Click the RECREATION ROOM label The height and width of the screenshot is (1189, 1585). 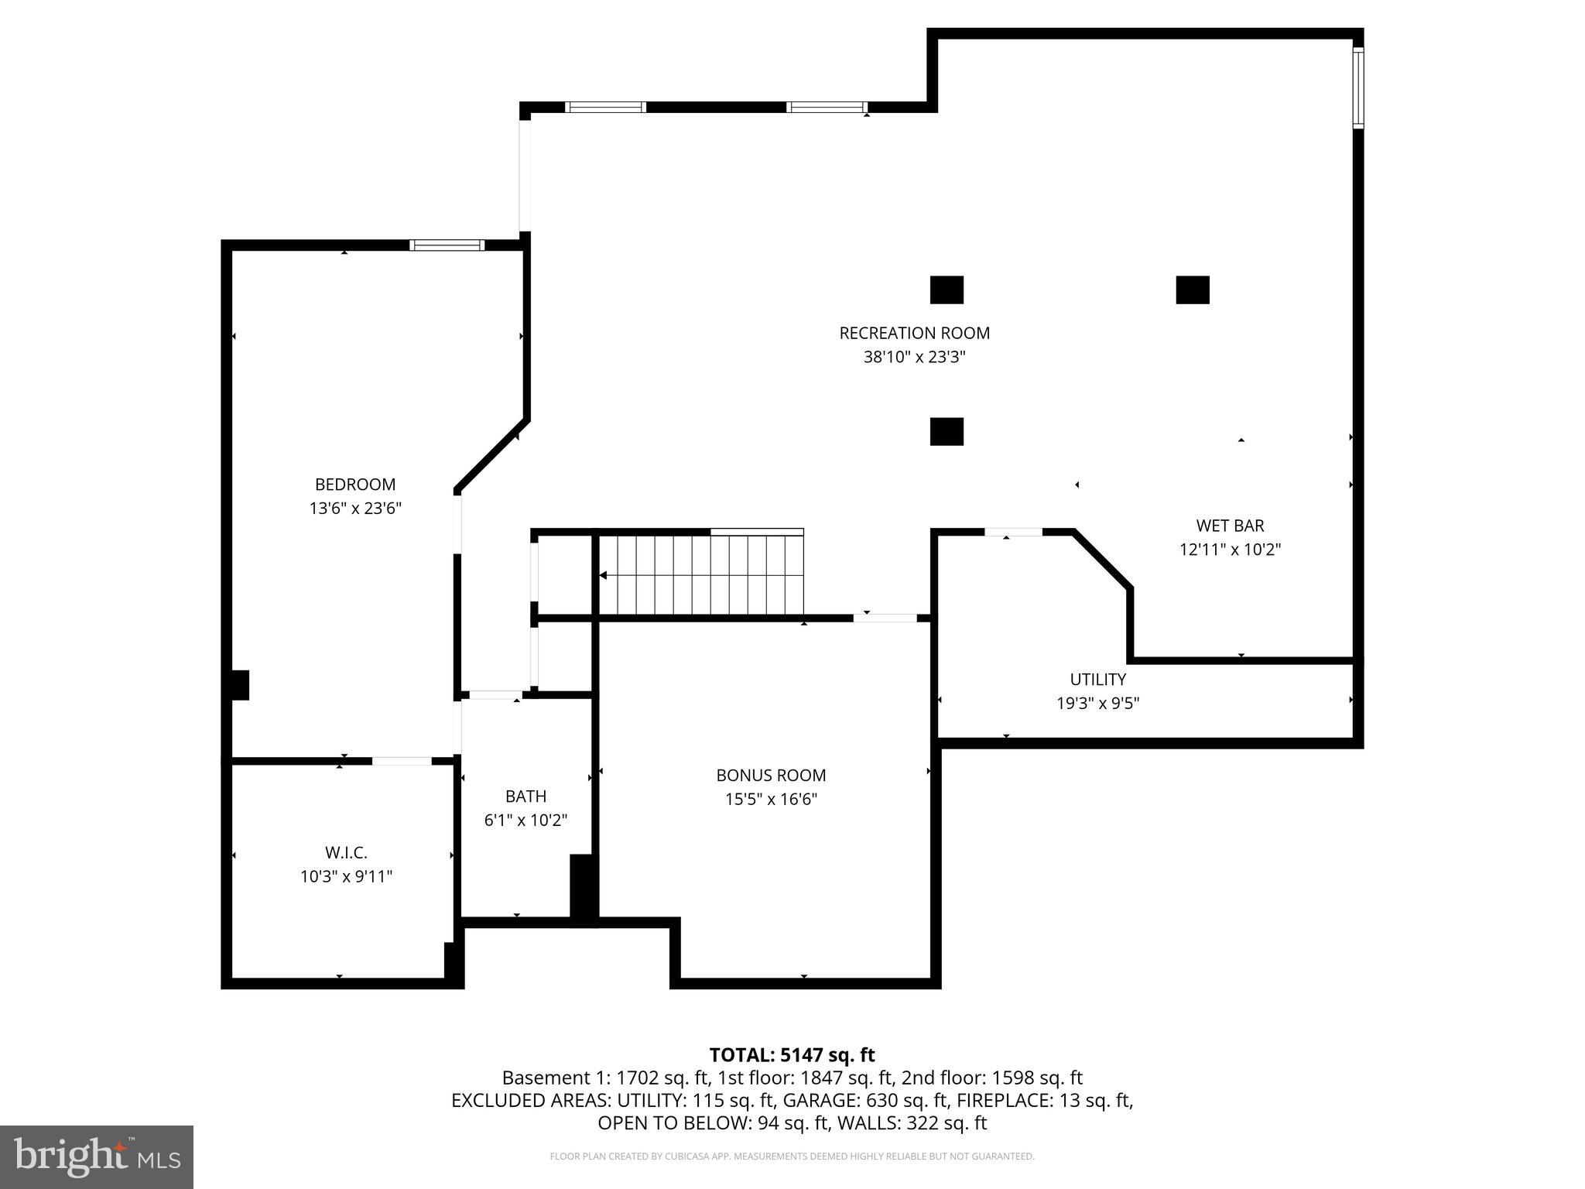pos(914,333)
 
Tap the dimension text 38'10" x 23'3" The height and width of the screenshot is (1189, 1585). pos(914,357)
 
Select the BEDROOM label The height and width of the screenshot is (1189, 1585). pos(354,485)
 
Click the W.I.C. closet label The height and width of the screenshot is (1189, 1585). pos(346,852)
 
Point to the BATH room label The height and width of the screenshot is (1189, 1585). pos(525,796)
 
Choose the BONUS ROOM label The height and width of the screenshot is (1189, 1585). pos(771,775)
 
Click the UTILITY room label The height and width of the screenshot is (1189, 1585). pos(1097,679)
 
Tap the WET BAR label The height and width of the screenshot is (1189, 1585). pos(1230,526)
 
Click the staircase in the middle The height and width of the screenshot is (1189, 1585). pos(700,574)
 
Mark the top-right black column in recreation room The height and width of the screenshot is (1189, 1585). pos(1192,290)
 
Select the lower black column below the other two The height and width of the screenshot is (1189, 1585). pos(946,431)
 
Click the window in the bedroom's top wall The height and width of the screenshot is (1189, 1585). pos(447,245)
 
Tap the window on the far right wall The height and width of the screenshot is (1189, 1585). pos(1357,87)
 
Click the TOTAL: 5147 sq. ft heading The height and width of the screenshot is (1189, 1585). pos(792,1054)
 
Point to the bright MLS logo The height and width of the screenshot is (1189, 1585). pos(97,1156)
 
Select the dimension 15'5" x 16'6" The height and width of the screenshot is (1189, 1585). pos(771,799)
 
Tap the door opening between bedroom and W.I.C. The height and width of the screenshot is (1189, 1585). pos(402,761)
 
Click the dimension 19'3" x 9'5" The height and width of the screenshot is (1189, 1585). pos(1097,703)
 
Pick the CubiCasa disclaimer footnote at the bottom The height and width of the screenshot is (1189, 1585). pos(792,1156)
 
